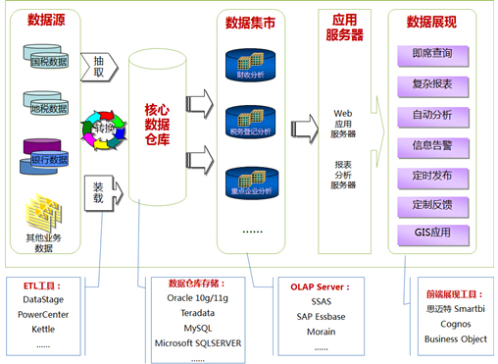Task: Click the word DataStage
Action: click(x=43, y=299)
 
